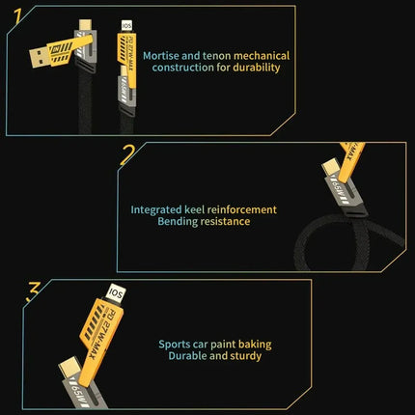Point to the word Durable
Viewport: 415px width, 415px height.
coord(189,356)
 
